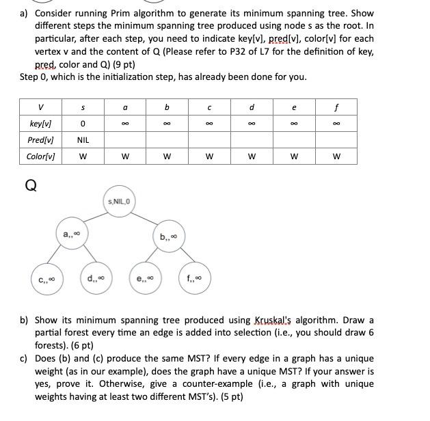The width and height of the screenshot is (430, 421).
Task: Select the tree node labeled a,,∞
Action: [x=72, y=235]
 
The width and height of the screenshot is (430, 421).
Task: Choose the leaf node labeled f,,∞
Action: [x=195, y=278]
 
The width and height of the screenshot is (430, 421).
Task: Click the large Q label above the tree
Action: [x=30, y=184]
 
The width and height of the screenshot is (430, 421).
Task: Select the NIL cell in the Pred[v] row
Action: [x=83, y=139]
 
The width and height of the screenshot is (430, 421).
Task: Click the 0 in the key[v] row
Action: [x=83, y=124]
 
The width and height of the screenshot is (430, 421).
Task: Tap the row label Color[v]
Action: [x=41, y=156]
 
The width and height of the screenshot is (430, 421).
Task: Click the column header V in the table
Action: [x=41, y=107]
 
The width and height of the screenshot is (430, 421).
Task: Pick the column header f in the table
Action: [x=336, y=107]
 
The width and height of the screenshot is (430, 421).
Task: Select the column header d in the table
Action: [x=252, y=107]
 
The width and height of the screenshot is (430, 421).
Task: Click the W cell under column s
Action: [x=83, y=156]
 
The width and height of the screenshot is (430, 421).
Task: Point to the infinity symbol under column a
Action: [x=124, y=124]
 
